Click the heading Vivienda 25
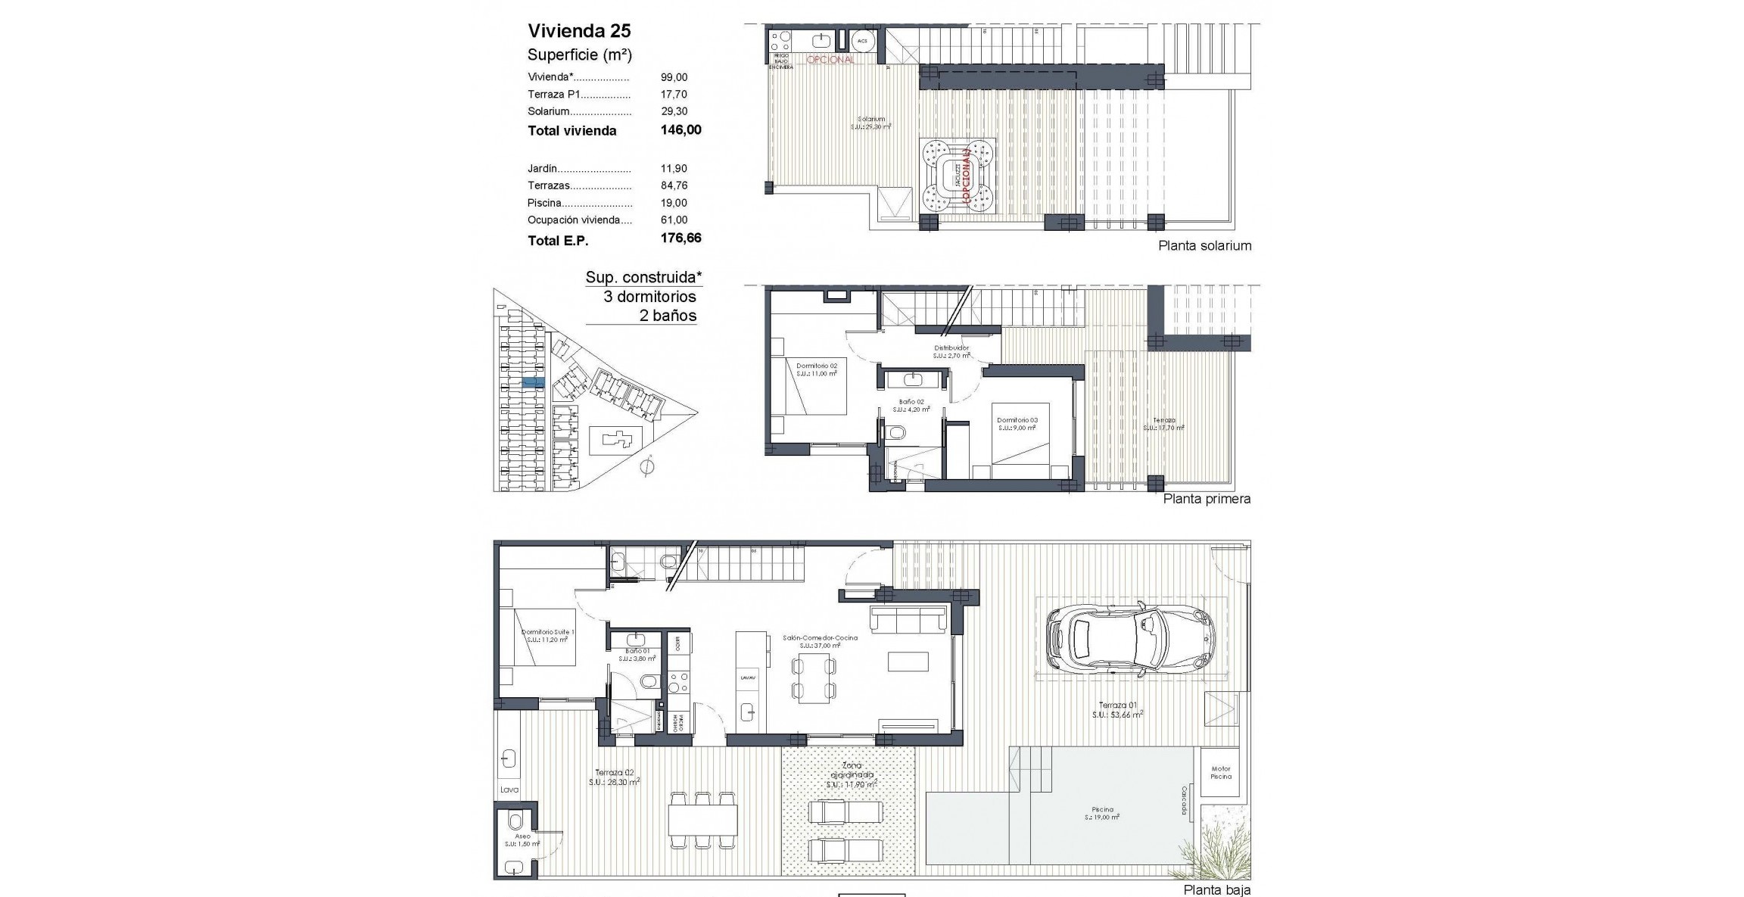[579, 31]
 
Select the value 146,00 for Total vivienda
[680, 130]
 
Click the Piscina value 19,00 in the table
[674, 203]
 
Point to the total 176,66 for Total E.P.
[680, 238]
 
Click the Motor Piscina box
[1220, 772]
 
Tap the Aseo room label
[523, 836]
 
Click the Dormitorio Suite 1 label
[548, 632]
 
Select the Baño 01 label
[637, 651]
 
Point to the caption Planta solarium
[1204, 246]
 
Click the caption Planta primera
[1207, 499]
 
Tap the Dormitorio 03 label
[1017, 420]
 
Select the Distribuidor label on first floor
[951, 348]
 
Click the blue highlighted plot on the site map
[534, 382]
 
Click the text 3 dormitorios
[649, 297]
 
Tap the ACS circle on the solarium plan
[862, 40]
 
